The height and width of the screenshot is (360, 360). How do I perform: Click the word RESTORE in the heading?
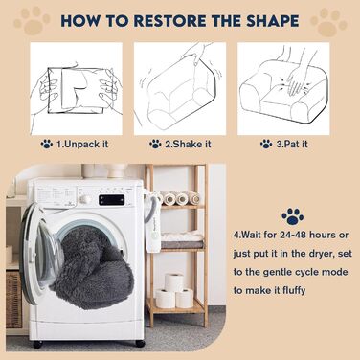[169, 21]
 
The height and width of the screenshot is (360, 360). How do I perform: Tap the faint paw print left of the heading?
[32, 20]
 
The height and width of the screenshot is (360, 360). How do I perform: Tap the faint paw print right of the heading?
[328, 22]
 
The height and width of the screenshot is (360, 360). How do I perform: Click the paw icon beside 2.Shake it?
[155, 145]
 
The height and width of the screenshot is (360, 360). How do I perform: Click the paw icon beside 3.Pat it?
[266, 145]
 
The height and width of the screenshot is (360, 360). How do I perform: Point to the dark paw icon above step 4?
[293, 216]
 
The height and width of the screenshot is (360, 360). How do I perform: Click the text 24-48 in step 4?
[292, 235]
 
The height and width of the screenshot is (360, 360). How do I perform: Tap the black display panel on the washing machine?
[111, 200]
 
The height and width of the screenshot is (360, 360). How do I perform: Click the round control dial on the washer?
[85, 200]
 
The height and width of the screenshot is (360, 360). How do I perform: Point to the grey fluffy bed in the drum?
[92, 267]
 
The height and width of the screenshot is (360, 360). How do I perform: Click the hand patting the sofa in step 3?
[295, 77]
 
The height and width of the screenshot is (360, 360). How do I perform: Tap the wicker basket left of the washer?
[13, 300]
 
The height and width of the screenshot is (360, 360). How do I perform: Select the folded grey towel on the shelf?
[182, 244]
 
